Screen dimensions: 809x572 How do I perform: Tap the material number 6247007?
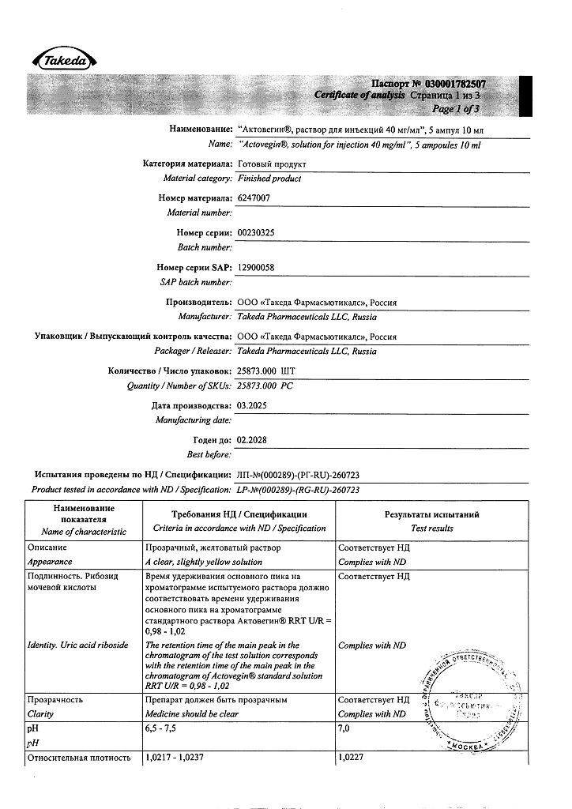254,198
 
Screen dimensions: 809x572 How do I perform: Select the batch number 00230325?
257,233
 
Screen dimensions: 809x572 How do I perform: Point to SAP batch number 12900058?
256,268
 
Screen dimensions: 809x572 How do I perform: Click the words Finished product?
269,179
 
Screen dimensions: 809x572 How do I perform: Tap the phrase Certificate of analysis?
359,95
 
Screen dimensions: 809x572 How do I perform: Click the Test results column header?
431,528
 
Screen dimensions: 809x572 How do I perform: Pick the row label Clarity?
40,713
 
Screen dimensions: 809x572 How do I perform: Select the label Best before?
209,454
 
